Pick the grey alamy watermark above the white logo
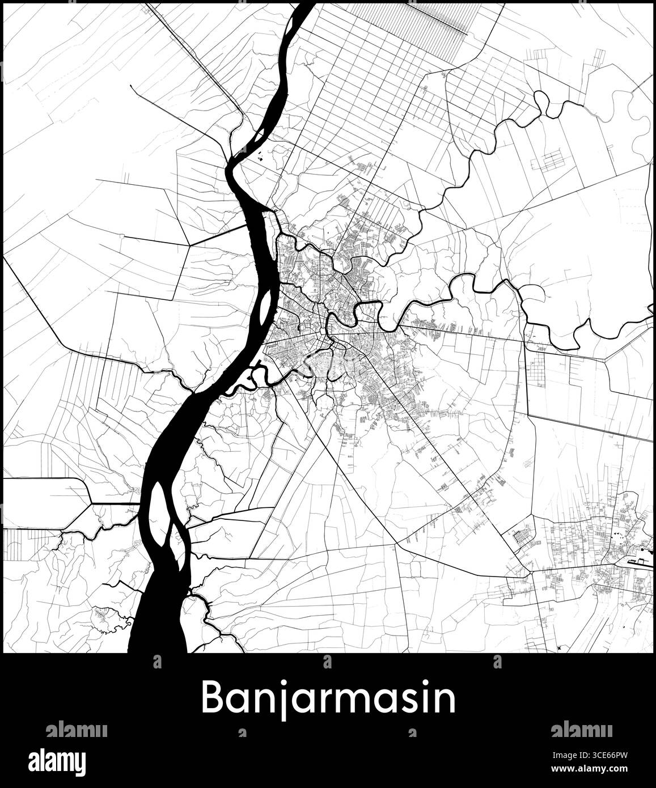pyautogui.click(x=76, y=729)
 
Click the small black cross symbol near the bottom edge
pyautogui.click(x=559, y=647)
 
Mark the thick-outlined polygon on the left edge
pyautogui.click(x=45, y=491)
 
